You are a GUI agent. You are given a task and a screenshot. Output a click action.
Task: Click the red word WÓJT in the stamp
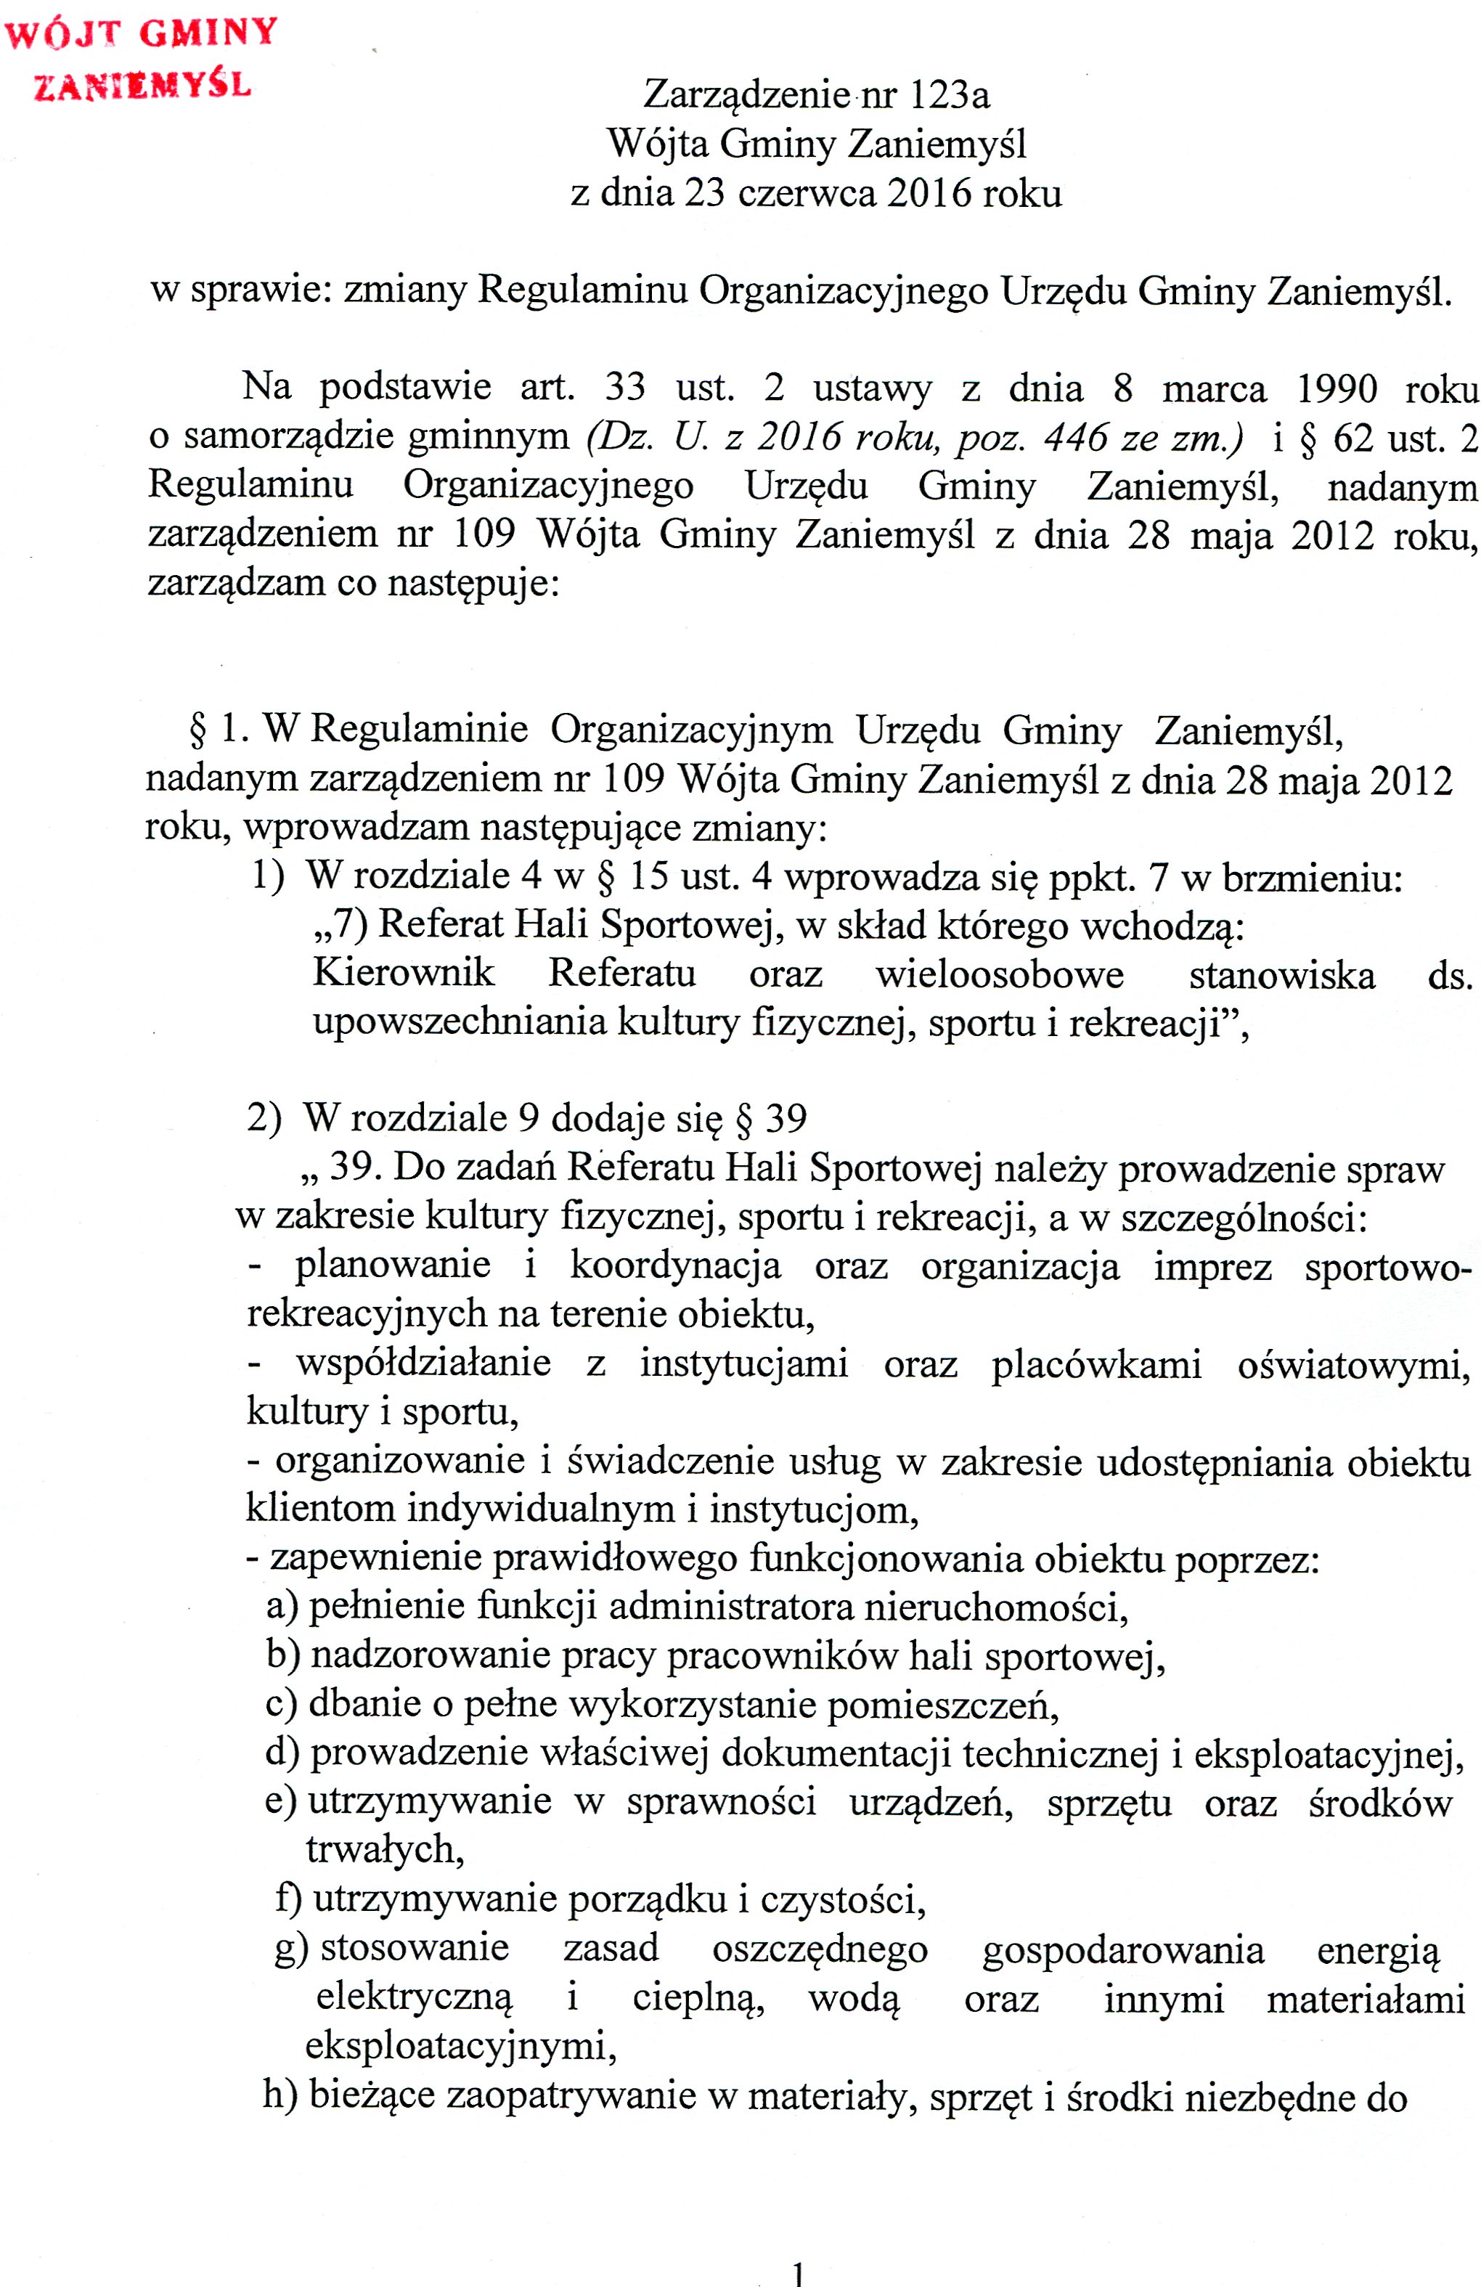tap(62, 35)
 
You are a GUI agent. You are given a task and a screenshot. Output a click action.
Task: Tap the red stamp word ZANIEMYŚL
tap(142, 86)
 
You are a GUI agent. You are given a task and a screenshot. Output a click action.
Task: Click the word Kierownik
tap(404, 972)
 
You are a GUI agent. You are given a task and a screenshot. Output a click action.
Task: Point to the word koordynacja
tap(674, 1265)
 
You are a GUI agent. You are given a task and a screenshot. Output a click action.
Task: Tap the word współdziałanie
tap(423, 1363)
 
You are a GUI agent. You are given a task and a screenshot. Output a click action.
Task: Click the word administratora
tap(730, 1607)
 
